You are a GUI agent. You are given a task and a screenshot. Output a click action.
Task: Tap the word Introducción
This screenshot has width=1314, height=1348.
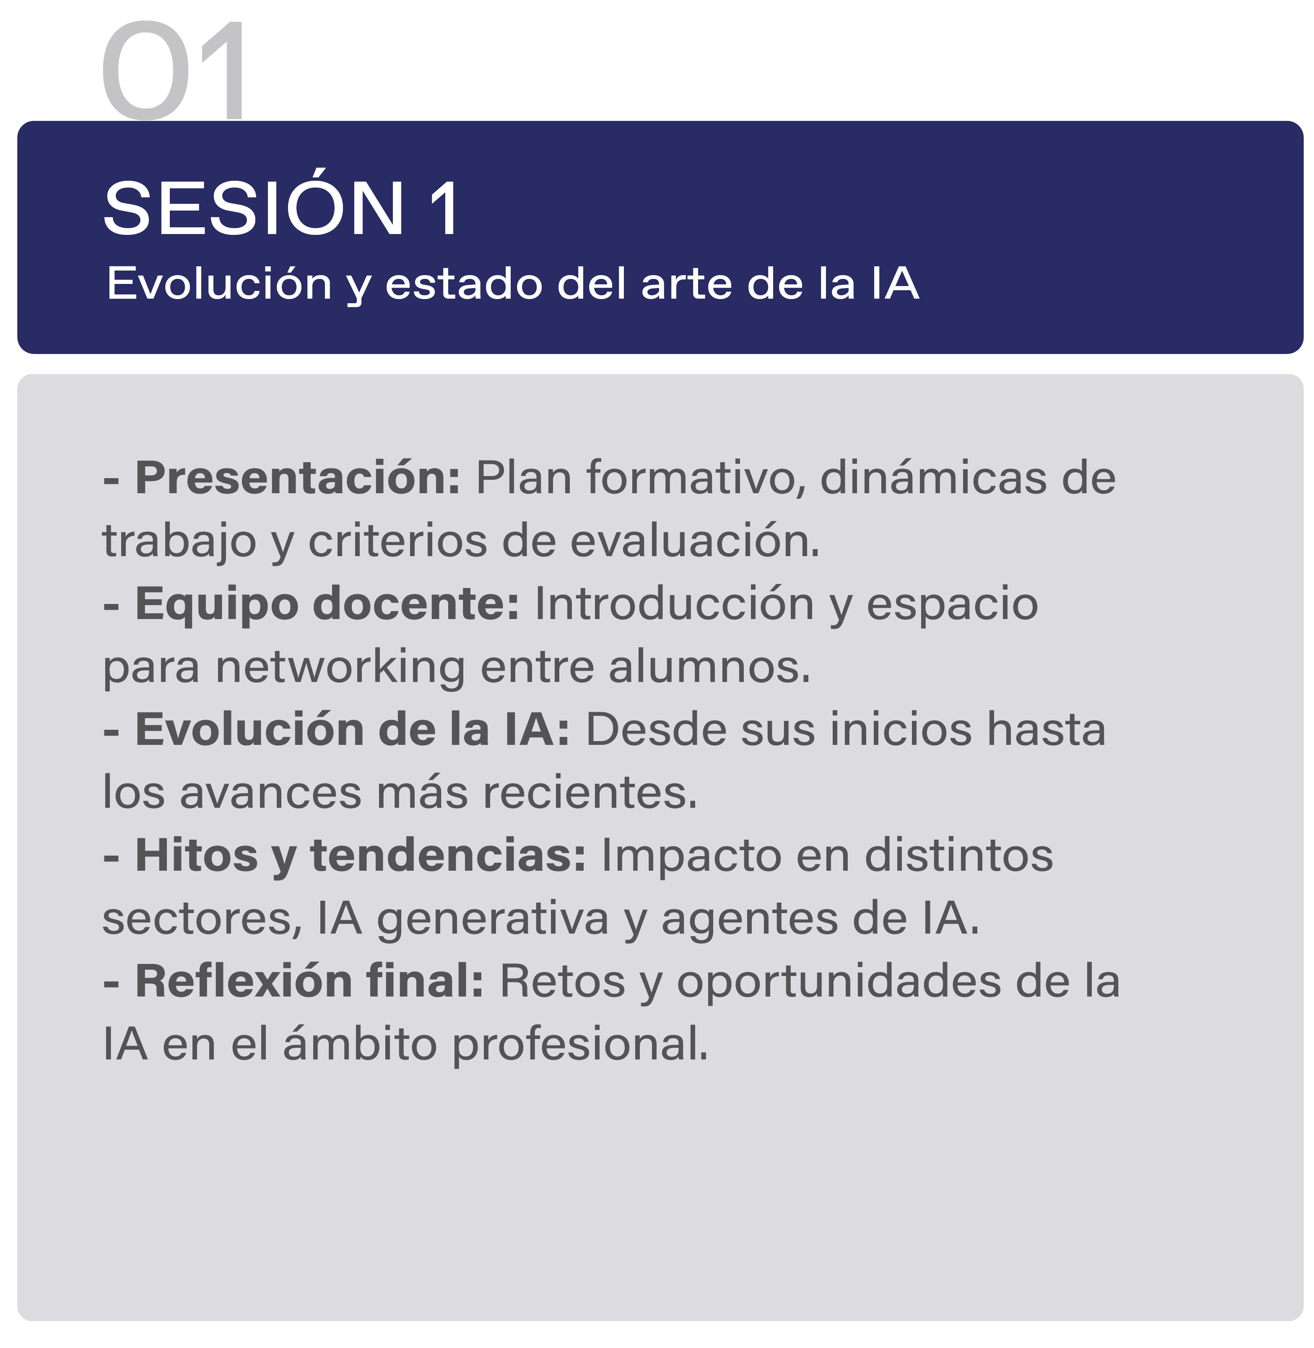(674, 603)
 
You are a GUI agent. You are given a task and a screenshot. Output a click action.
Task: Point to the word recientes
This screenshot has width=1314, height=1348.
(590, 792)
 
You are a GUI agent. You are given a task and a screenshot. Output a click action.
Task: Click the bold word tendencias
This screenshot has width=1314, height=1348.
(448, 855)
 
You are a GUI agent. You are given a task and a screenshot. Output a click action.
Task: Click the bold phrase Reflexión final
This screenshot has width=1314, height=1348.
(309, 981)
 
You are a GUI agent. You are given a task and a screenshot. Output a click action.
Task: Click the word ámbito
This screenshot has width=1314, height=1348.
(360, 1043)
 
